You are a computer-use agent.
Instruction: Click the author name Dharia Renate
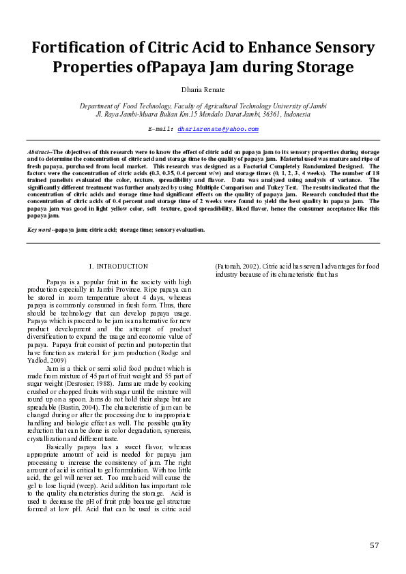pos(203,89)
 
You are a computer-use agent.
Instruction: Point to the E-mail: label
pos(161,128)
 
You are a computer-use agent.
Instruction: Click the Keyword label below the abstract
pos(40,230)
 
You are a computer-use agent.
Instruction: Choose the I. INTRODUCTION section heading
pos(119,266)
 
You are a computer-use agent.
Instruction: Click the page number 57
pos(374,545)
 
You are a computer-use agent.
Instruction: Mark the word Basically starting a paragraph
pos(61,446)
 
